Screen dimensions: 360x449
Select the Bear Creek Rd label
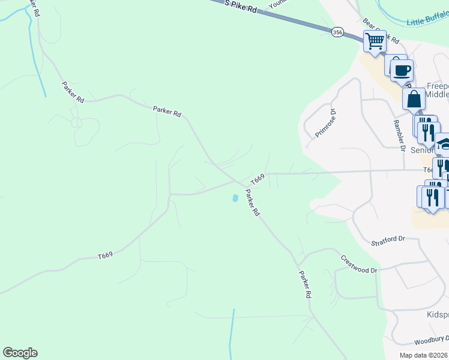point(381,34)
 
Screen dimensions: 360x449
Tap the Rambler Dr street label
point(398,135)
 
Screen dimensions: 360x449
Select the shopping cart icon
point(375,41)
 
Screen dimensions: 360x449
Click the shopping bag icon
point(415,99)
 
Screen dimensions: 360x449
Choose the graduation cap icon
point(445,144)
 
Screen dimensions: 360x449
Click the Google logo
point(20,353)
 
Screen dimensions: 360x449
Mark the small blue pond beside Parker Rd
point(235,197)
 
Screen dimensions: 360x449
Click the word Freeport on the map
point(437,85)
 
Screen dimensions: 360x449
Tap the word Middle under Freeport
point(436,95)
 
